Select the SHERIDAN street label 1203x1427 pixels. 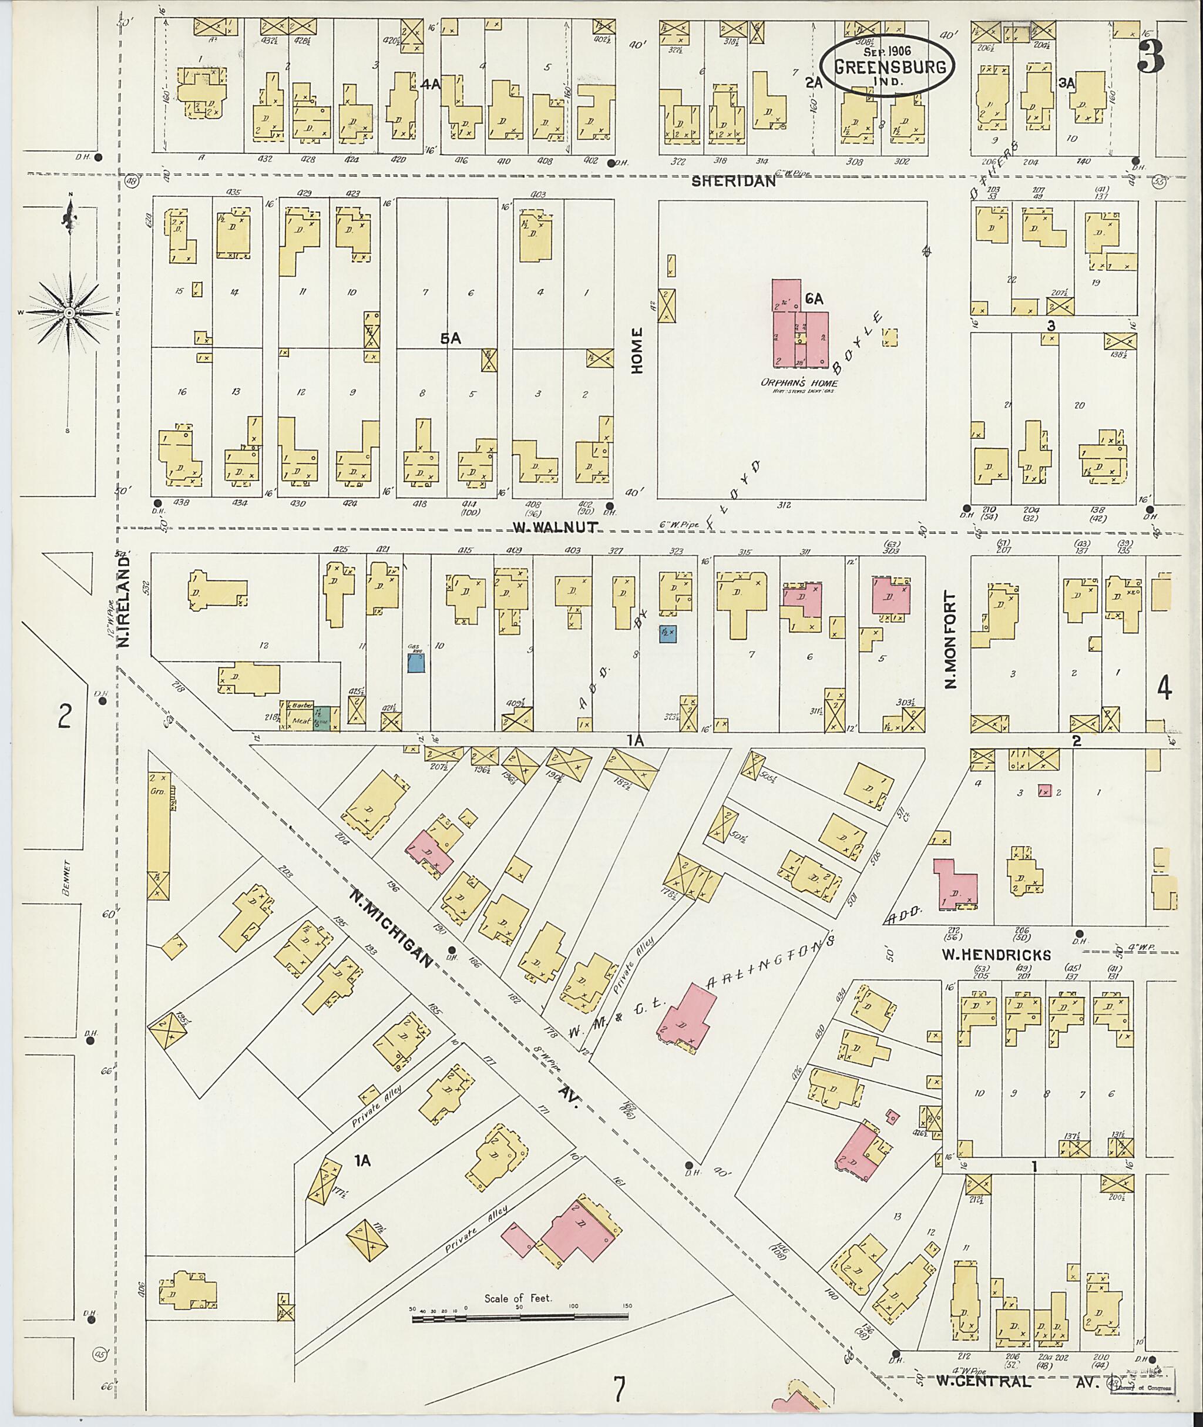734,182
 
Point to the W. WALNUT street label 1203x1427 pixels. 556,526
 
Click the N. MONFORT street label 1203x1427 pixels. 952,639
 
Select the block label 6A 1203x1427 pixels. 814,299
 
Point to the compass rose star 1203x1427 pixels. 69,313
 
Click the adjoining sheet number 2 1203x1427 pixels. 64,717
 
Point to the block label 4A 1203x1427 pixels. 431,85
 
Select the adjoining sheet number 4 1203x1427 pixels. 1164,690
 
